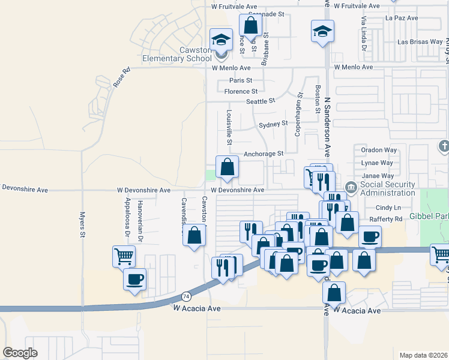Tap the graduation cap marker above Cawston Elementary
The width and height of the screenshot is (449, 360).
click(x=221, y=40)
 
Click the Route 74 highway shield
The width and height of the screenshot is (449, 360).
click(x=187, y=296)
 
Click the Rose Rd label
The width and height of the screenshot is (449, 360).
click(x=121, y=78)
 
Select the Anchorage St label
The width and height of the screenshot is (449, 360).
click(x=263, y=154)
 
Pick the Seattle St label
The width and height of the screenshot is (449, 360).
click(x=261, y=101)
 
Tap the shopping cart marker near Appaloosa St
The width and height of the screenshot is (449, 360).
click(x=123, y=256)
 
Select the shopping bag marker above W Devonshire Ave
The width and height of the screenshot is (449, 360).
click(x=228, y=167)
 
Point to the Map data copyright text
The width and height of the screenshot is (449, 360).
click(x=424, y=355)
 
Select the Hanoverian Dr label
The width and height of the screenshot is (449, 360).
click(x=140, y=220)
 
